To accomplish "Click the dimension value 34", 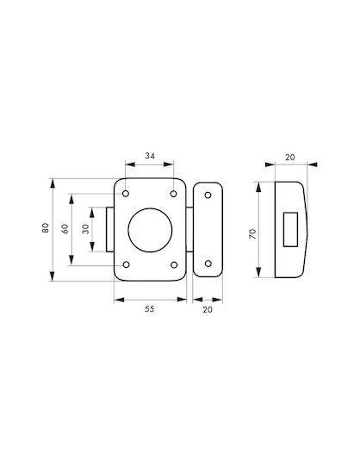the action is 150,156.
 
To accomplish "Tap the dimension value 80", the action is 45,227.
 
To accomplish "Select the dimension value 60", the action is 65,229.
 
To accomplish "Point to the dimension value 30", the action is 85,229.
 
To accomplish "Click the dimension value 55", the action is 150,309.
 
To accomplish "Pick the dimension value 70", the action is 252,234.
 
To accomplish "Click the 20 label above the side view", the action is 290,158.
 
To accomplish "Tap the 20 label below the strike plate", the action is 208,310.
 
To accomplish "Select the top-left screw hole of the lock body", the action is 126,194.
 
